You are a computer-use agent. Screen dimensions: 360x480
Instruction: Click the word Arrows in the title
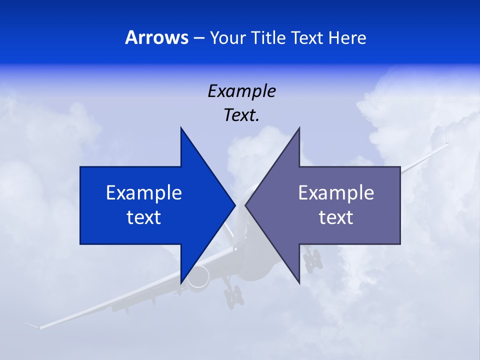pos(157,37)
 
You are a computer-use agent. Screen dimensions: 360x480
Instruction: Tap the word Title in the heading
pos(270,37)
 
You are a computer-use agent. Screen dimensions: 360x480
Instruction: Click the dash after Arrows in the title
pos(199,38)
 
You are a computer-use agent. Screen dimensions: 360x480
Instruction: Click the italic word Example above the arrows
pos(241,91)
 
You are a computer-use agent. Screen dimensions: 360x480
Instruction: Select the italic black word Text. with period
pos(241,115)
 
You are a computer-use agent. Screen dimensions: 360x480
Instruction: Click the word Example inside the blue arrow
pos(144,192)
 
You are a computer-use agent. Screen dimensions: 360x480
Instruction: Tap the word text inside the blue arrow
pos(144,217)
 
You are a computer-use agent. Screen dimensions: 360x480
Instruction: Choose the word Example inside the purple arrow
pos(336,192)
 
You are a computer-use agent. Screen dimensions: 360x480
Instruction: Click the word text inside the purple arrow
pos(336,217)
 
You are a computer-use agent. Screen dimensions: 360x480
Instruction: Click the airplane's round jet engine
pos(198,276)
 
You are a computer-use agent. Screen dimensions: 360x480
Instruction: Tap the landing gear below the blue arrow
pos(233,296)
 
